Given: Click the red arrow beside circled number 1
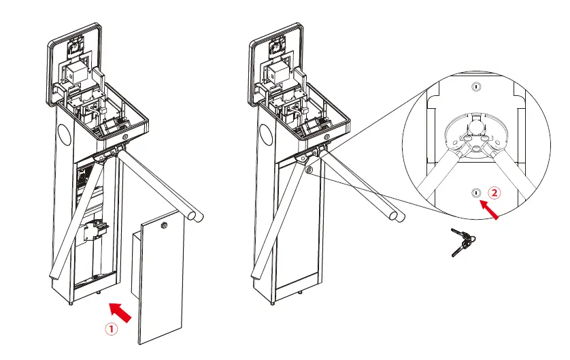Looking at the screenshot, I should [x=120, y=312].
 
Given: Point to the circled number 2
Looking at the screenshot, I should [x=494, y=193].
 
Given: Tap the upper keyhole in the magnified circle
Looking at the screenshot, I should [x=476, y=87].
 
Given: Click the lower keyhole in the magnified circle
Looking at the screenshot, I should [x=475, y=194].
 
